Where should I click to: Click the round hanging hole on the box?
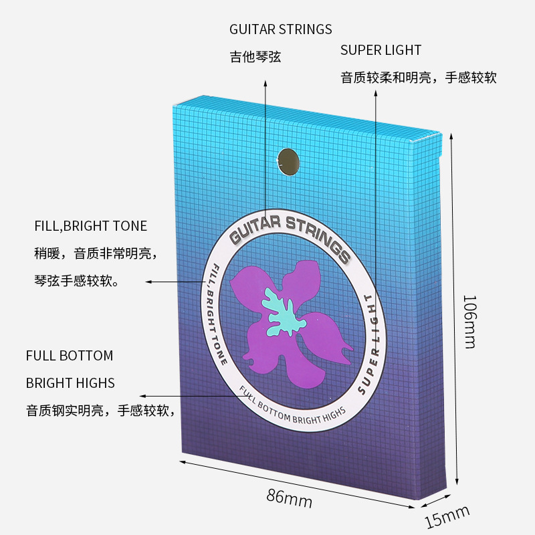288,161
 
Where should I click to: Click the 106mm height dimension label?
470,321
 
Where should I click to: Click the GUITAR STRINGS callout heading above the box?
280,29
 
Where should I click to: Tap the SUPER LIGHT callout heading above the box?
381,50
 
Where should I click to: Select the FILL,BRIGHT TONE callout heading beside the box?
90,226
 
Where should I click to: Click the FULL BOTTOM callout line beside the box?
70,355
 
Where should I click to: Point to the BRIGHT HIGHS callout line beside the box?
70,383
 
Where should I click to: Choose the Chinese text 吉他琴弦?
255,58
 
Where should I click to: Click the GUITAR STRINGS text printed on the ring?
289,231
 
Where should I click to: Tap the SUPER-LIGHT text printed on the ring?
371,341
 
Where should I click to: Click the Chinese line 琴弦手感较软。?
76,282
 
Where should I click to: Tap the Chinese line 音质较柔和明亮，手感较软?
419,78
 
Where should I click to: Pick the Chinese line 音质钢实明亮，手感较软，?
101,411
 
